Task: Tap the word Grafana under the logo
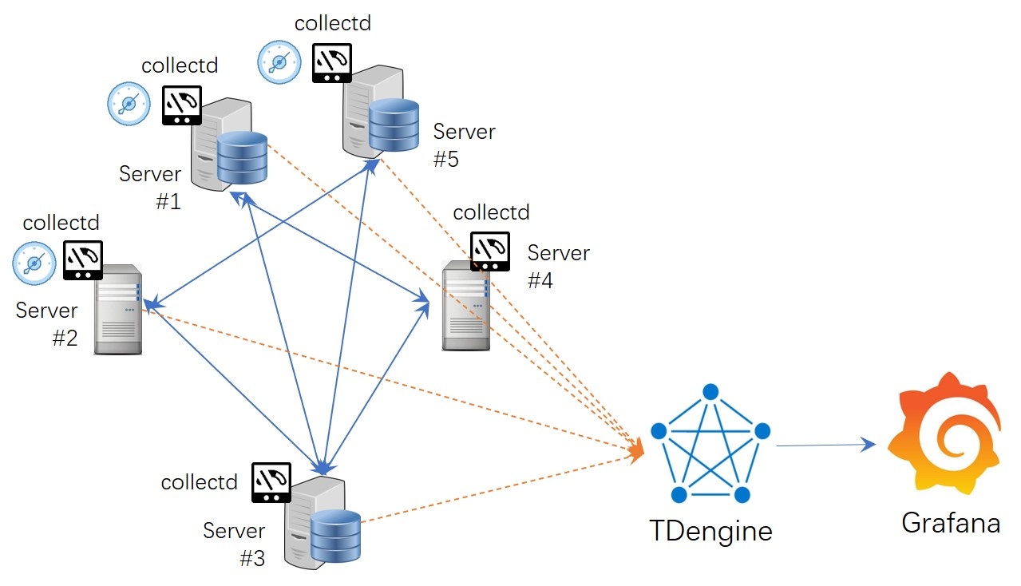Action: click(950, 523)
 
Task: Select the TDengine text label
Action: click(710, 530)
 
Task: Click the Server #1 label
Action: click(152, 187)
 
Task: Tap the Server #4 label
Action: click(557, 267)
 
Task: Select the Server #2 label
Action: click(48, 323)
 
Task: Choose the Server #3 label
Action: click(235, 544)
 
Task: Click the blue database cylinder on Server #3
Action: click(335, 536)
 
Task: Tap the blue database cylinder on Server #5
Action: click(394, 125)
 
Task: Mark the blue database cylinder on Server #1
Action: click(242, 157)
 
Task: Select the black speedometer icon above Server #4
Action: click(489, 251)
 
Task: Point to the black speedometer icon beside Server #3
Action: click(271, 482)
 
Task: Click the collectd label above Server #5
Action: click(333, 23)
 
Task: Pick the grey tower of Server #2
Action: click(117, 310)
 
